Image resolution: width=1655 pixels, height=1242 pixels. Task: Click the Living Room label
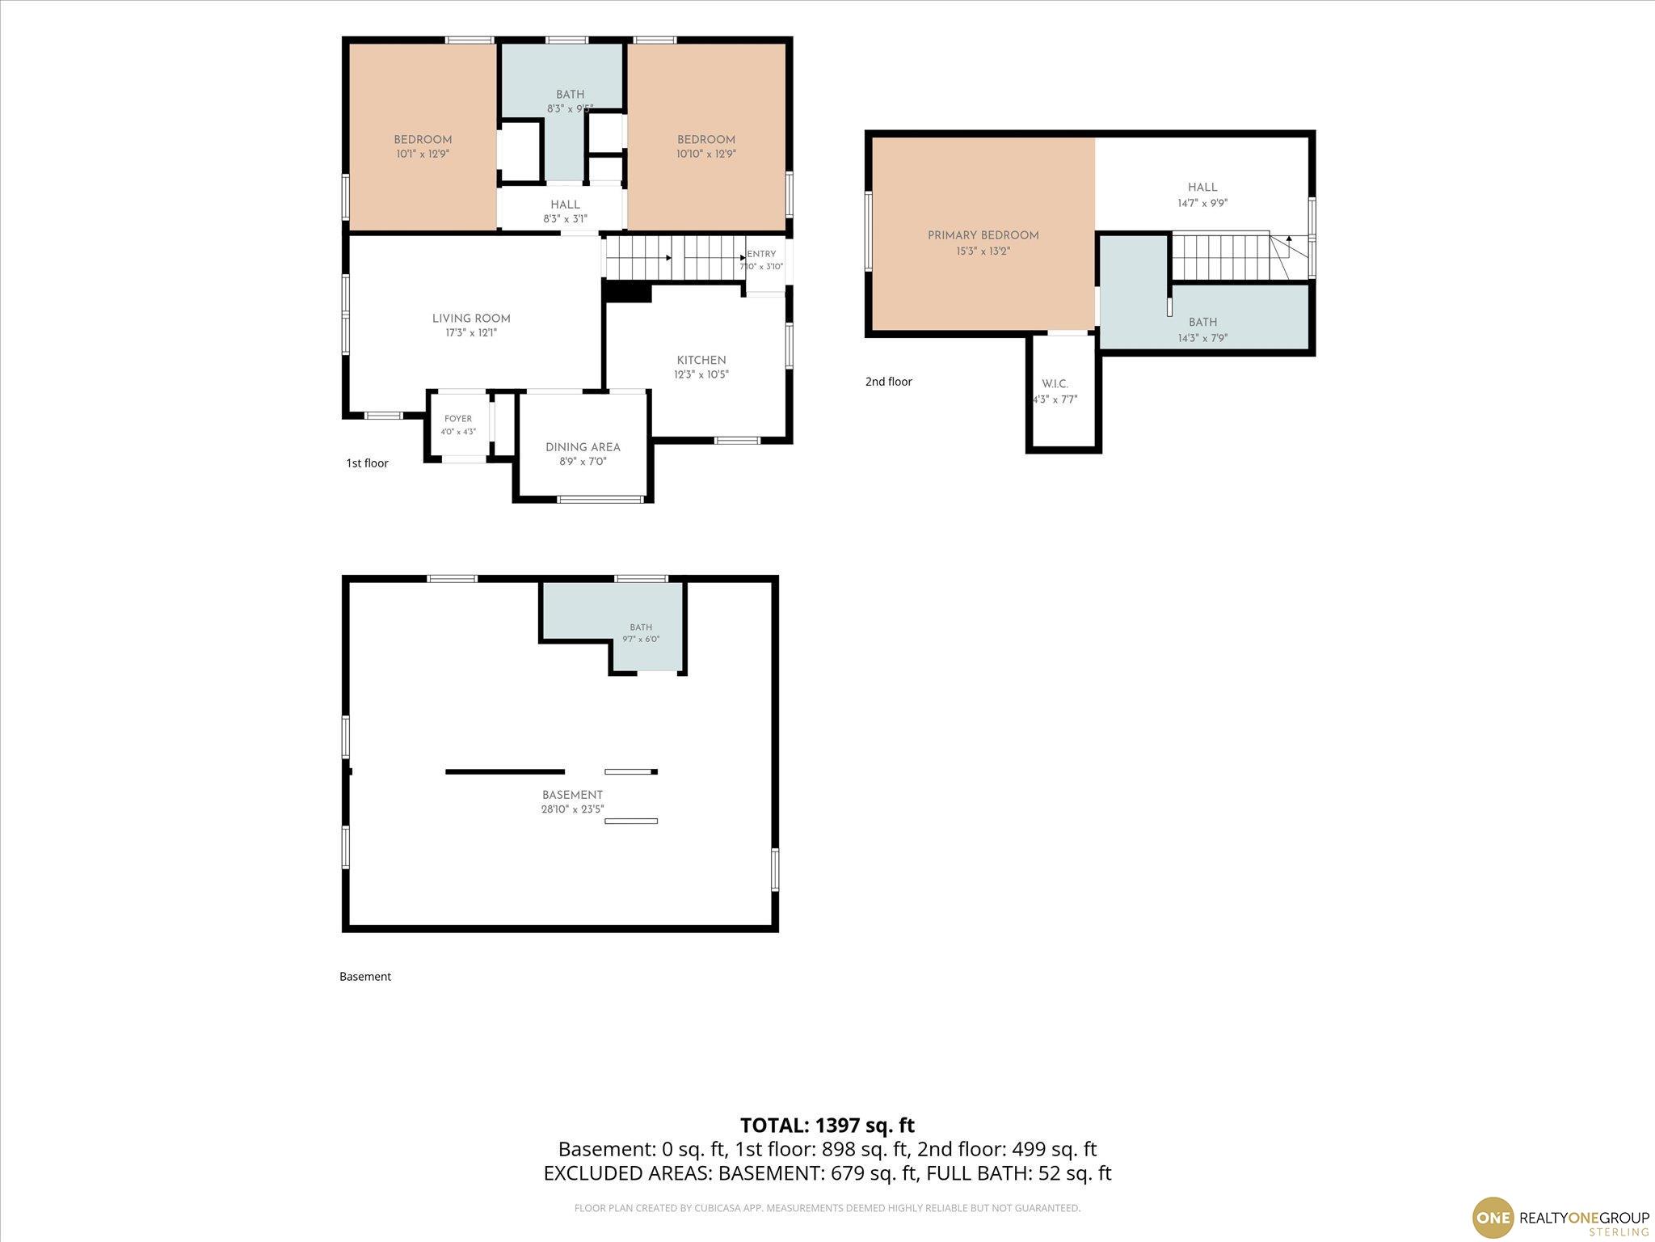tap(471, 319)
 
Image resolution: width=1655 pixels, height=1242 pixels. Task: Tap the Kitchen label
tap(701, 361)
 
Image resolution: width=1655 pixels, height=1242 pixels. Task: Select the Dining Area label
tap(583, 447)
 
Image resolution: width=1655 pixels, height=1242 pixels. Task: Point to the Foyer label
tap(458, 419)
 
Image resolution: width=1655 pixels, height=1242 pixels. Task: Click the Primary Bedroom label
tap(983, 235)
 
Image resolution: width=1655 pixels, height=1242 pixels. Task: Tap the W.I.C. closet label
tap(1055, 384)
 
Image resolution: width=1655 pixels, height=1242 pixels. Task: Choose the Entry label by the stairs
tap(761, 254)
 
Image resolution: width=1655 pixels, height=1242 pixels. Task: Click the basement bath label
tap(641, 627)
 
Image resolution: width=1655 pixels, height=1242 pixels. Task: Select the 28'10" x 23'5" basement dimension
tap(573, 809)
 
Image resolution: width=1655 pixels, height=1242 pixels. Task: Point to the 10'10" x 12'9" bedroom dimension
tap(706, 154)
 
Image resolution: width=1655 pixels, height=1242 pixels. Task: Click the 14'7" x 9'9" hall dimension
tap(1202, 204)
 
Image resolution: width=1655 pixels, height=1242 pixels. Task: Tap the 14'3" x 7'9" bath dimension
tap(1202, 339)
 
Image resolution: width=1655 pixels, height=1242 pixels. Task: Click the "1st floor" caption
tap(368, 463)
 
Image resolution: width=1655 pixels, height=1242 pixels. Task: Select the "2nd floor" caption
tap(889, 382)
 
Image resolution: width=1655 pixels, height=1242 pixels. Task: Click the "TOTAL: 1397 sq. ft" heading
tap(827, 1126)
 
